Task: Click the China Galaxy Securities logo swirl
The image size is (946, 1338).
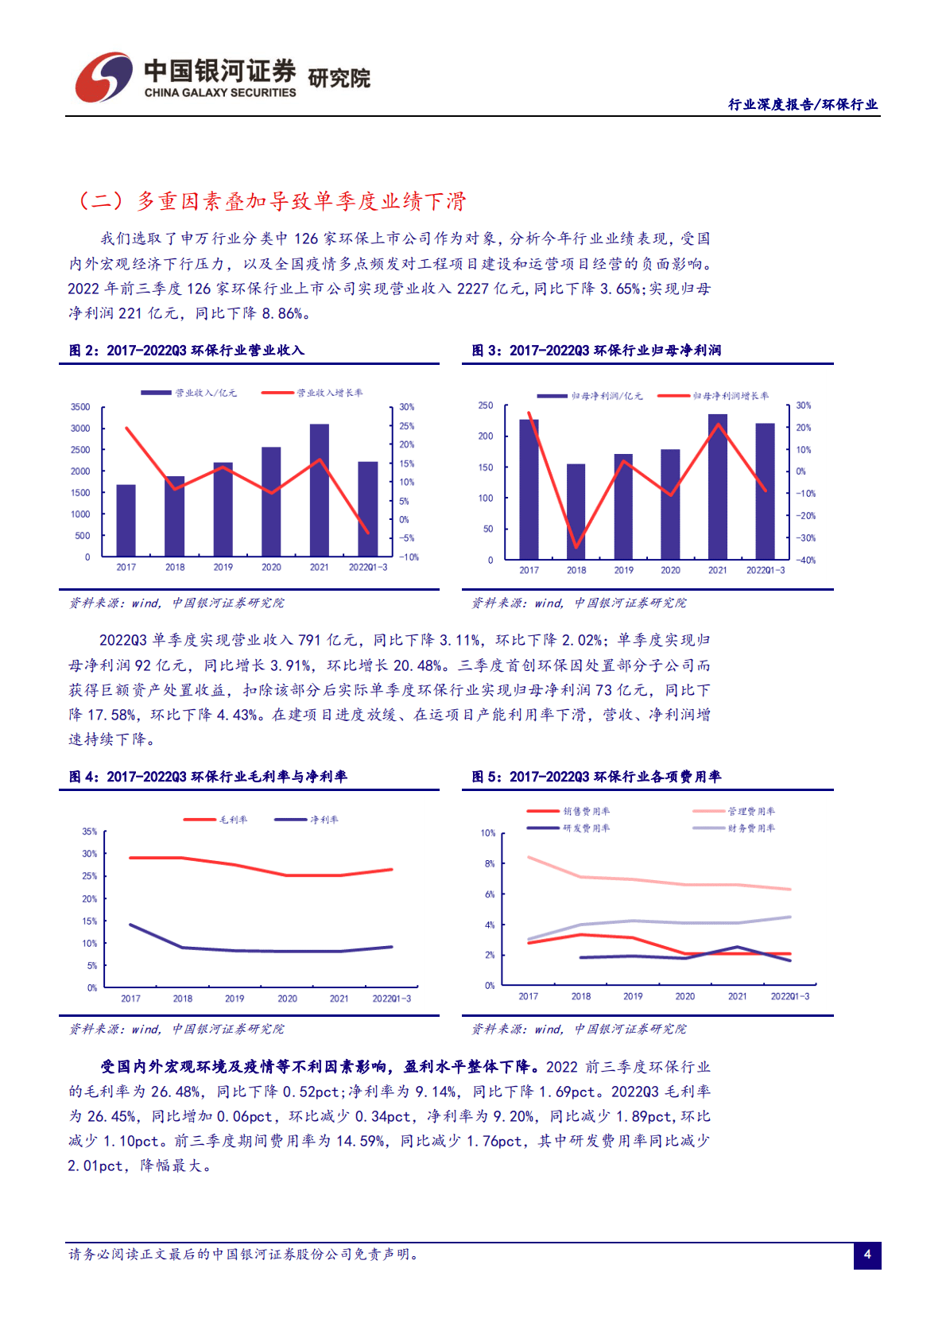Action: click(x=103, y=77)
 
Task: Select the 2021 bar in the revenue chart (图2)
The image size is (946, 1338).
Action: click(x=319, y=490)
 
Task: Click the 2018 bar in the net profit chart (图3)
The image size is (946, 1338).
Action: click(x=576, y=511)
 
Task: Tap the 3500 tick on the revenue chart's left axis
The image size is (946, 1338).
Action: click(x=80, y=407)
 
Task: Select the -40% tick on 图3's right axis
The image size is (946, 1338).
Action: click(x=806, y=560)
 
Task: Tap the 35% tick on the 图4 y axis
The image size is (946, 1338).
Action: click(x=89, y=832)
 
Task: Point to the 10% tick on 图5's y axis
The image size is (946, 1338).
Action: click(x=487, y=833)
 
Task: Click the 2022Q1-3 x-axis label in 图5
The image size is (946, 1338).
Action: click(x=789, y=996)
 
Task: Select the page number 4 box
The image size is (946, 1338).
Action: click(x=867, y=1255)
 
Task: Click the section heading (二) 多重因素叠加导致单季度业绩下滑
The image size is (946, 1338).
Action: click(x=270, y=201)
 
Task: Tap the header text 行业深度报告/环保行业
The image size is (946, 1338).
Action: click(x=803, y=104)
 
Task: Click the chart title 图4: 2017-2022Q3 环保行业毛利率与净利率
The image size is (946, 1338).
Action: click(x=208, y=777)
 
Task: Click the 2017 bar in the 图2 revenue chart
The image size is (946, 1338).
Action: click(x=126, y=521)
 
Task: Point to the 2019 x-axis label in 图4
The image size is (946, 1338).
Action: click(x=235, y=999)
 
